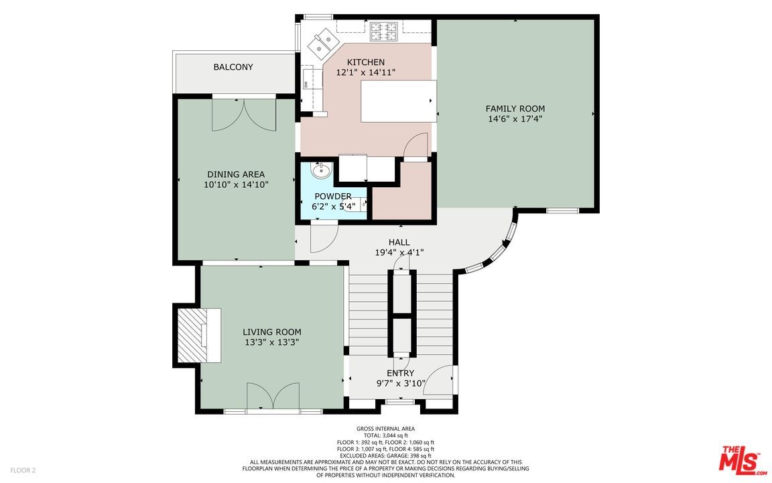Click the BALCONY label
point(233,67)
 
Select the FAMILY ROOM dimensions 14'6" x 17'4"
point(515,119)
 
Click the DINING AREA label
point(235,174)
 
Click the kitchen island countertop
point(398,101)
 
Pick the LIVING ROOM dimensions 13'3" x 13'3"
point(271,342)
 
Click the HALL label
point(399,242)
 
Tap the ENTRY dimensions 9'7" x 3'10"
point(400,384)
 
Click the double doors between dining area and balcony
point(244,115)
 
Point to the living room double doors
point(273,396)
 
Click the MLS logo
point(741,460)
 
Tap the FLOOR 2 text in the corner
point(23,470)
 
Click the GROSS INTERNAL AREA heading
point(385,429)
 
